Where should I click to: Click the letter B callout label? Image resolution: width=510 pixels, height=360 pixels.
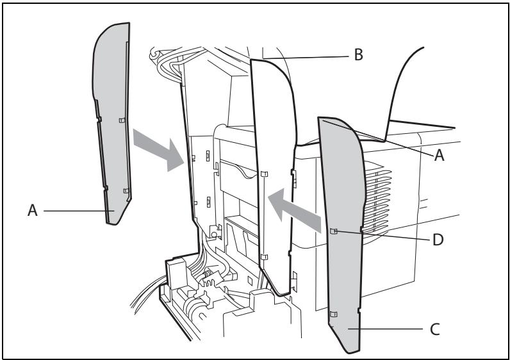(x=358, y=54)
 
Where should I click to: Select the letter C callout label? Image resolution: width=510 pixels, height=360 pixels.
(x=435, y=329)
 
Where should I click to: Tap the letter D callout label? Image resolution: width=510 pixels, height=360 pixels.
(x=438, y=240)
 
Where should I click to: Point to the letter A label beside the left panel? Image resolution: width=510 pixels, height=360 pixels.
(x=33, y=210)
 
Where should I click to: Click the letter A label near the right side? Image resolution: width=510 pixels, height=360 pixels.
(x=439, y=155)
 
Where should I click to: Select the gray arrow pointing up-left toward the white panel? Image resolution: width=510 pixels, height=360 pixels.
(x=294, y=210)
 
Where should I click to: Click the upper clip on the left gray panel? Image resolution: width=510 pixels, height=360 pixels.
(x=122, y=120)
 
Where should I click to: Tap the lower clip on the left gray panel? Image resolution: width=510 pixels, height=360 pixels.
(x=126, y=190)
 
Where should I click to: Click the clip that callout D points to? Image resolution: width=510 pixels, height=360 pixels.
(x=333, y=231)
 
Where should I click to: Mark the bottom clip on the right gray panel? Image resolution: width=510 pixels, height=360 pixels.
(x=333, y=314)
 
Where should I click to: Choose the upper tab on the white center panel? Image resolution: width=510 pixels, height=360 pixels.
(x=264, y=174)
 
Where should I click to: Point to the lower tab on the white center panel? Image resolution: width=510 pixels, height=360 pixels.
(x=264, y=257)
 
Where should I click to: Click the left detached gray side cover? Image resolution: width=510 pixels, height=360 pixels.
(x=112, y=124)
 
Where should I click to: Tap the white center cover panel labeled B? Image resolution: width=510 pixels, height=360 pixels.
(x=275, y=176)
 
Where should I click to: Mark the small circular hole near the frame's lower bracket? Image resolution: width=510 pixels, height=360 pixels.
(x=214, y=234)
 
